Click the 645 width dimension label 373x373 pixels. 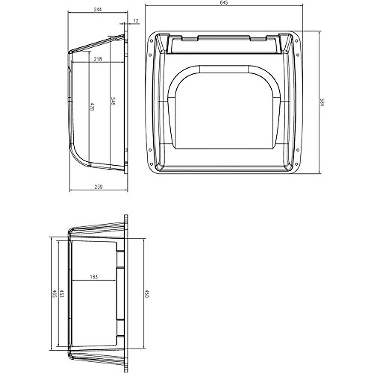pyautogui.click(x=224, y=2)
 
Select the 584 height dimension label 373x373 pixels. pyautogui.click(x=322, y=102)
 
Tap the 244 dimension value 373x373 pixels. pyautogui.click(x=98, y=10)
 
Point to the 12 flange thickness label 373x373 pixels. pyautogui.click(x=136, y=21)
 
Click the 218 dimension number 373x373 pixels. pyautogui.click(x=98, y=59)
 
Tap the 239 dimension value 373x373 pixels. pyautogui.click(x=98, y=187)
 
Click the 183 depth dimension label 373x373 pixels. pyautogui.click(x=94, y=277)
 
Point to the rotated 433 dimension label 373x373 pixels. pyautogui.click(x=62, y=293)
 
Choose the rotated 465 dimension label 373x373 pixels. pyautogui.click(x=54, y=294)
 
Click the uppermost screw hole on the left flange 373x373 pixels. pyautogui.click(x=151, y=40)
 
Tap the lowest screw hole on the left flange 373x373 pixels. pyautogui.click(x=151, y=164)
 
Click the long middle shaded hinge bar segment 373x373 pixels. pyautogui.click(x=224, y=39)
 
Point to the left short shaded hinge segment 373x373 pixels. pyautogui.click(x=190, y=39)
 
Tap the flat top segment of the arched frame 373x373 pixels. pyautogui.click(x=224, y=69)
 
